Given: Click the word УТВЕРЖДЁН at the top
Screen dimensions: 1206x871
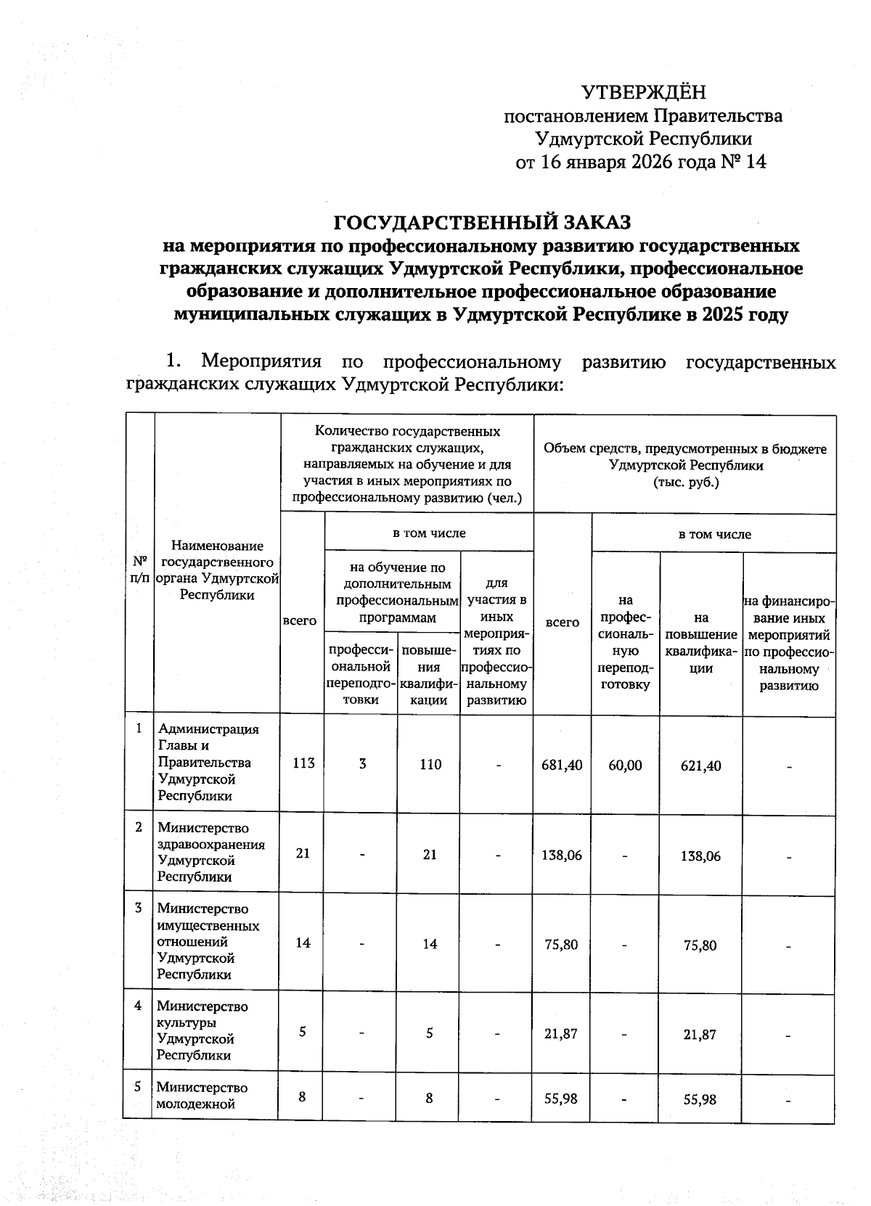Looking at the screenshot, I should (643, 93).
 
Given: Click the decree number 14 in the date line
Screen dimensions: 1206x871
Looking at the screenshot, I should (755, 161).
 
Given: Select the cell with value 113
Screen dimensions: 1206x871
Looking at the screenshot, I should (303, 763).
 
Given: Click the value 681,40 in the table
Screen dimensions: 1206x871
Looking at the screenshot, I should (562, 765).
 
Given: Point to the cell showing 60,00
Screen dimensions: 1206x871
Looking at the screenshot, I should (625, 765).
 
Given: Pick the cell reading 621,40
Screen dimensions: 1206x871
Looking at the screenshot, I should (700, 766).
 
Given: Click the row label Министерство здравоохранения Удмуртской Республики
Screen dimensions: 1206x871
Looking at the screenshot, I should (210, 852).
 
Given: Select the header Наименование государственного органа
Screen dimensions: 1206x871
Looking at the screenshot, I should (217, 570).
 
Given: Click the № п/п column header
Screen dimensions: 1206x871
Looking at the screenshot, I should (140, 570).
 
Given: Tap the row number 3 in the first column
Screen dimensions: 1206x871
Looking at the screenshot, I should (139, 908).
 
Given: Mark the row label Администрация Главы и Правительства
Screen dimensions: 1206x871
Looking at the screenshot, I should (207, 762).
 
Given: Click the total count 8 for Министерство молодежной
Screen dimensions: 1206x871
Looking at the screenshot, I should (300, 1098).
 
